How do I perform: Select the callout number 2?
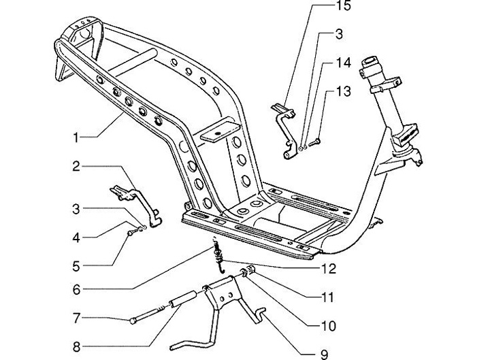tap(77, 165)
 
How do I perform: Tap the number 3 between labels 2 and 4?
tap(77, 209)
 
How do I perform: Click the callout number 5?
tap(77, 265)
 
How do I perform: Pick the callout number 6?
tap(77, 290)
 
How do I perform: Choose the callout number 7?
tap(77, 318)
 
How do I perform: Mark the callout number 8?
tap(77, 347)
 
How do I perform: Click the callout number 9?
tap(325, 354)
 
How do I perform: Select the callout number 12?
tap(329, 269)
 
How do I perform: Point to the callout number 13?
tap(342, 92)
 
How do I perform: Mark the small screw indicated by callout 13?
tap(314, 142)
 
